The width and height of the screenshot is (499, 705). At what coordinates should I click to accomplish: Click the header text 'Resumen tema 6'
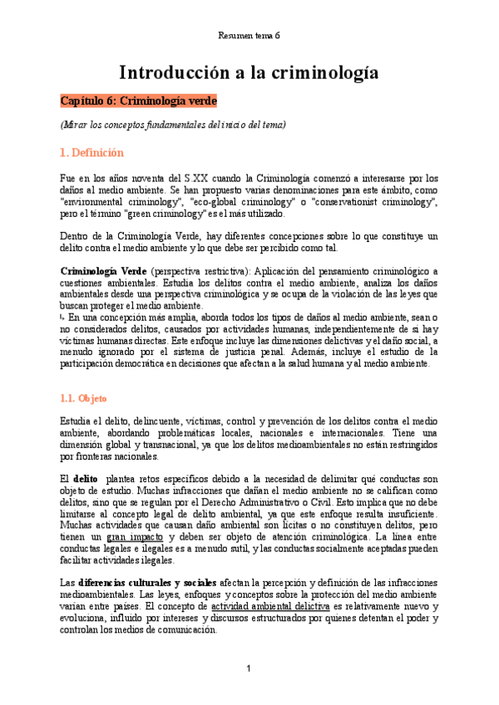249,36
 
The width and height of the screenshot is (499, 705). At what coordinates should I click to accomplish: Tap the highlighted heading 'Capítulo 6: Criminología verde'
138,101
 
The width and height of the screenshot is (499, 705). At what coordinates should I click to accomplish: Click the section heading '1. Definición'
91,153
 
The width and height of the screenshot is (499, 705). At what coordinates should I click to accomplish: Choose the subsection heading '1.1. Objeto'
84,398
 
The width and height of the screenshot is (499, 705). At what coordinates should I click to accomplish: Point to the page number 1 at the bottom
249,669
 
